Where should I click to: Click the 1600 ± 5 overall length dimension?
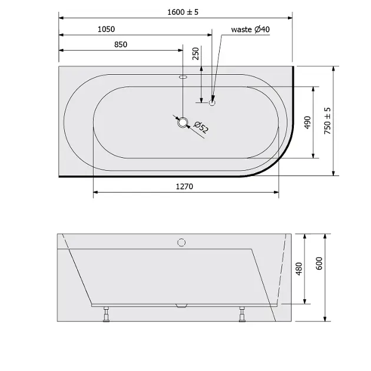183,12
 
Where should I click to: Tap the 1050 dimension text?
106,29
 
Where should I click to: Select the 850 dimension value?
121,45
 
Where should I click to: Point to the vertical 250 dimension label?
196,54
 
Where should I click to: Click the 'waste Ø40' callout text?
250,29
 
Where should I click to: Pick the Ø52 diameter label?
201,127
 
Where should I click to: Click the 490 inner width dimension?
307,122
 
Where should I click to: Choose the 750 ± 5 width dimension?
327,121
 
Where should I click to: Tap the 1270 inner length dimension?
184,187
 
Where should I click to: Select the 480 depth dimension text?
299,269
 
